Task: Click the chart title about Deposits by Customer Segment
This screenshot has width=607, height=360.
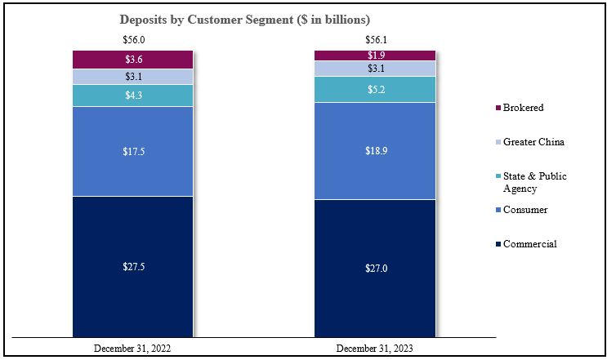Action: coord(245,18)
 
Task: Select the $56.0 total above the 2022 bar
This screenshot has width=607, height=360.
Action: coord(132,39)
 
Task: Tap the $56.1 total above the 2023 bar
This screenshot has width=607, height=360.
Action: coord(376,39)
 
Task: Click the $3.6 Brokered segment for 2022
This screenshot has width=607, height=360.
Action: coord(132,60)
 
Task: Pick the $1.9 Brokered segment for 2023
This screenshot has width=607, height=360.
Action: coord(376,55)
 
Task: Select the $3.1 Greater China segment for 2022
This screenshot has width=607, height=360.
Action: coord(132,77)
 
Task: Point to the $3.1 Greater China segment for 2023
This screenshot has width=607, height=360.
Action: coord(376,69)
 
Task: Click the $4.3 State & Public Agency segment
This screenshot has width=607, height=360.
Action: coord(132,96)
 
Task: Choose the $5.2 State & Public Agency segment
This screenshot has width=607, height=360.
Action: coord(376,89)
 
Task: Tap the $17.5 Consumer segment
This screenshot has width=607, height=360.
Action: coord(132,151)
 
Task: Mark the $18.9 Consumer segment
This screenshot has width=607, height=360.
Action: coord(376,151)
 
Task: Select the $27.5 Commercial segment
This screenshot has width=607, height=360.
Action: coord(132,266)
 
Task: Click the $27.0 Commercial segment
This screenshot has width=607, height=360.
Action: coord(376,268)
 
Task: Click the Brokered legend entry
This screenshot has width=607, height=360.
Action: coord(523,108)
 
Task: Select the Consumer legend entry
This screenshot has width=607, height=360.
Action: coord(524,210)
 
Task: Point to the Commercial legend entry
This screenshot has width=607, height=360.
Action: coord(529,244)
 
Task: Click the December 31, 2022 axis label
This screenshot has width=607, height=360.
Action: coord(132,348)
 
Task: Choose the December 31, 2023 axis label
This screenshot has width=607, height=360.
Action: coord(376,348)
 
